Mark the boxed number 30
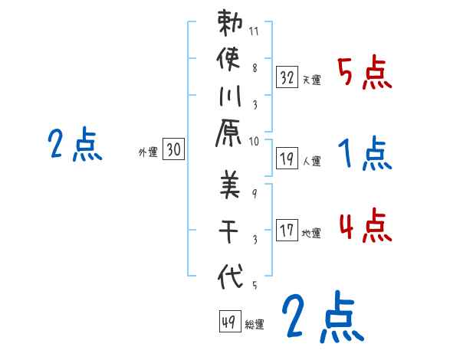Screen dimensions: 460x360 [173, 151]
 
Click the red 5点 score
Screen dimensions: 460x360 [364, 74]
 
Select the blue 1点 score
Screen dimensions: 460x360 [364, 156]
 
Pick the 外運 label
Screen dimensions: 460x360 [148, 153]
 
